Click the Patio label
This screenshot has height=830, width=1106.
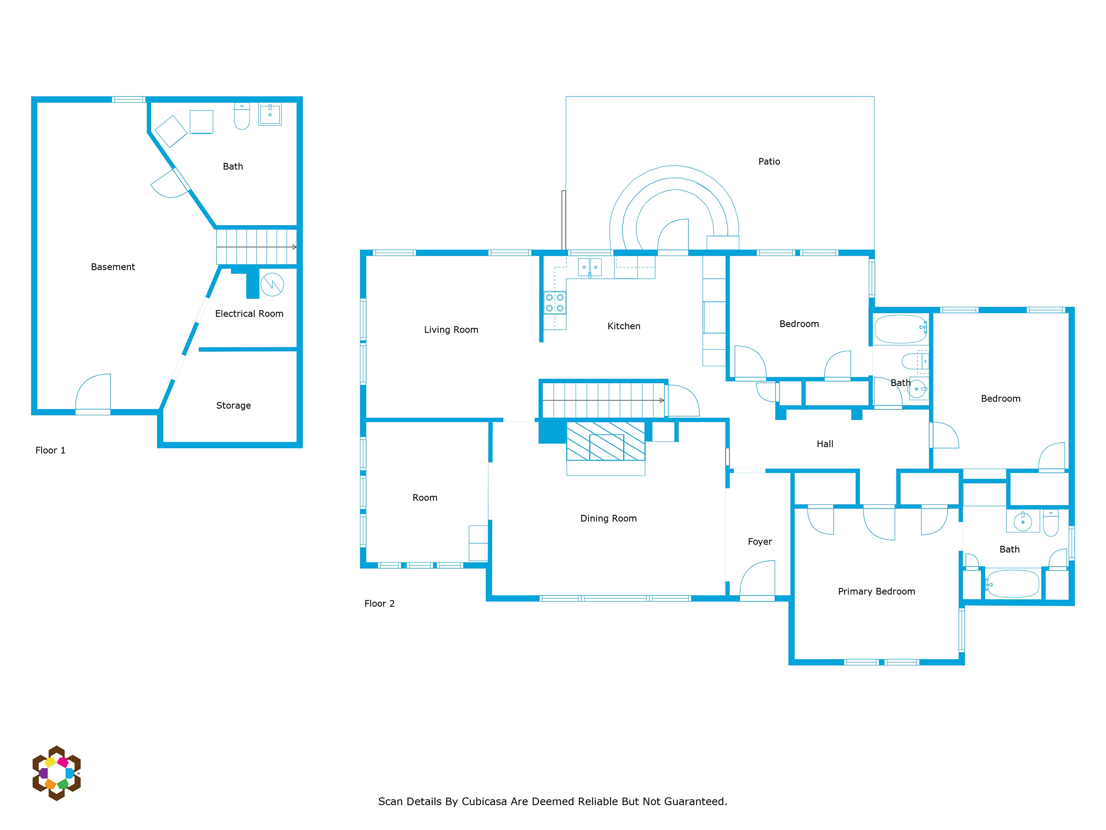pyautogui.click(x=769, y=162)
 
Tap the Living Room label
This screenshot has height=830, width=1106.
pyautogui.click(x=451, y=330)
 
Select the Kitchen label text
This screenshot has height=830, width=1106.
pyautogui.click(x=623, y=326)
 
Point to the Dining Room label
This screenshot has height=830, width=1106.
pyautogui.click(x=608, y=518)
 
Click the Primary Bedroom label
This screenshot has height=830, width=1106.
pyautogui.click(x=876, y=591)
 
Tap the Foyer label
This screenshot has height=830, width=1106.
pyautogui.click(x=760, y=542)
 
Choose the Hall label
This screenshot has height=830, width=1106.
pyautogui.click(x=825, y=444)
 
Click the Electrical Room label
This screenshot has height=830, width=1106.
pyautogui.click(x=249, y=314)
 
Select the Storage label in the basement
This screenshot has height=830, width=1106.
pyautogui.click(x=234, y=406)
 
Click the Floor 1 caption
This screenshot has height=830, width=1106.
pyautogui.click(x=50, y=450)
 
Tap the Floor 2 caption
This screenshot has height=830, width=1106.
pyautogui.click(x=380, y=603)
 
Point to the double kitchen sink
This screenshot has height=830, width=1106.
pyautogui.click(x=590, y=267)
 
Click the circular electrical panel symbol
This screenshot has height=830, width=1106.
pyautogui.click(x=272, y=284)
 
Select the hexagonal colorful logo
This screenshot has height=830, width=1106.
pyautogui.click(x=57, y=773)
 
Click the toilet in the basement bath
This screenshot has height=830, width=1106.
pyautogui.click(x=242, y=116)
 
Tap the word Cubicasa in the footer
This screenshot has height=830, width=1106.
pyautogui.click(x=484, y=802)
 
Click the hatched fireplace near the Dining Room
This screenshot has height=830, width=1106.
pyautogui.click(x=606, y=441)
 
